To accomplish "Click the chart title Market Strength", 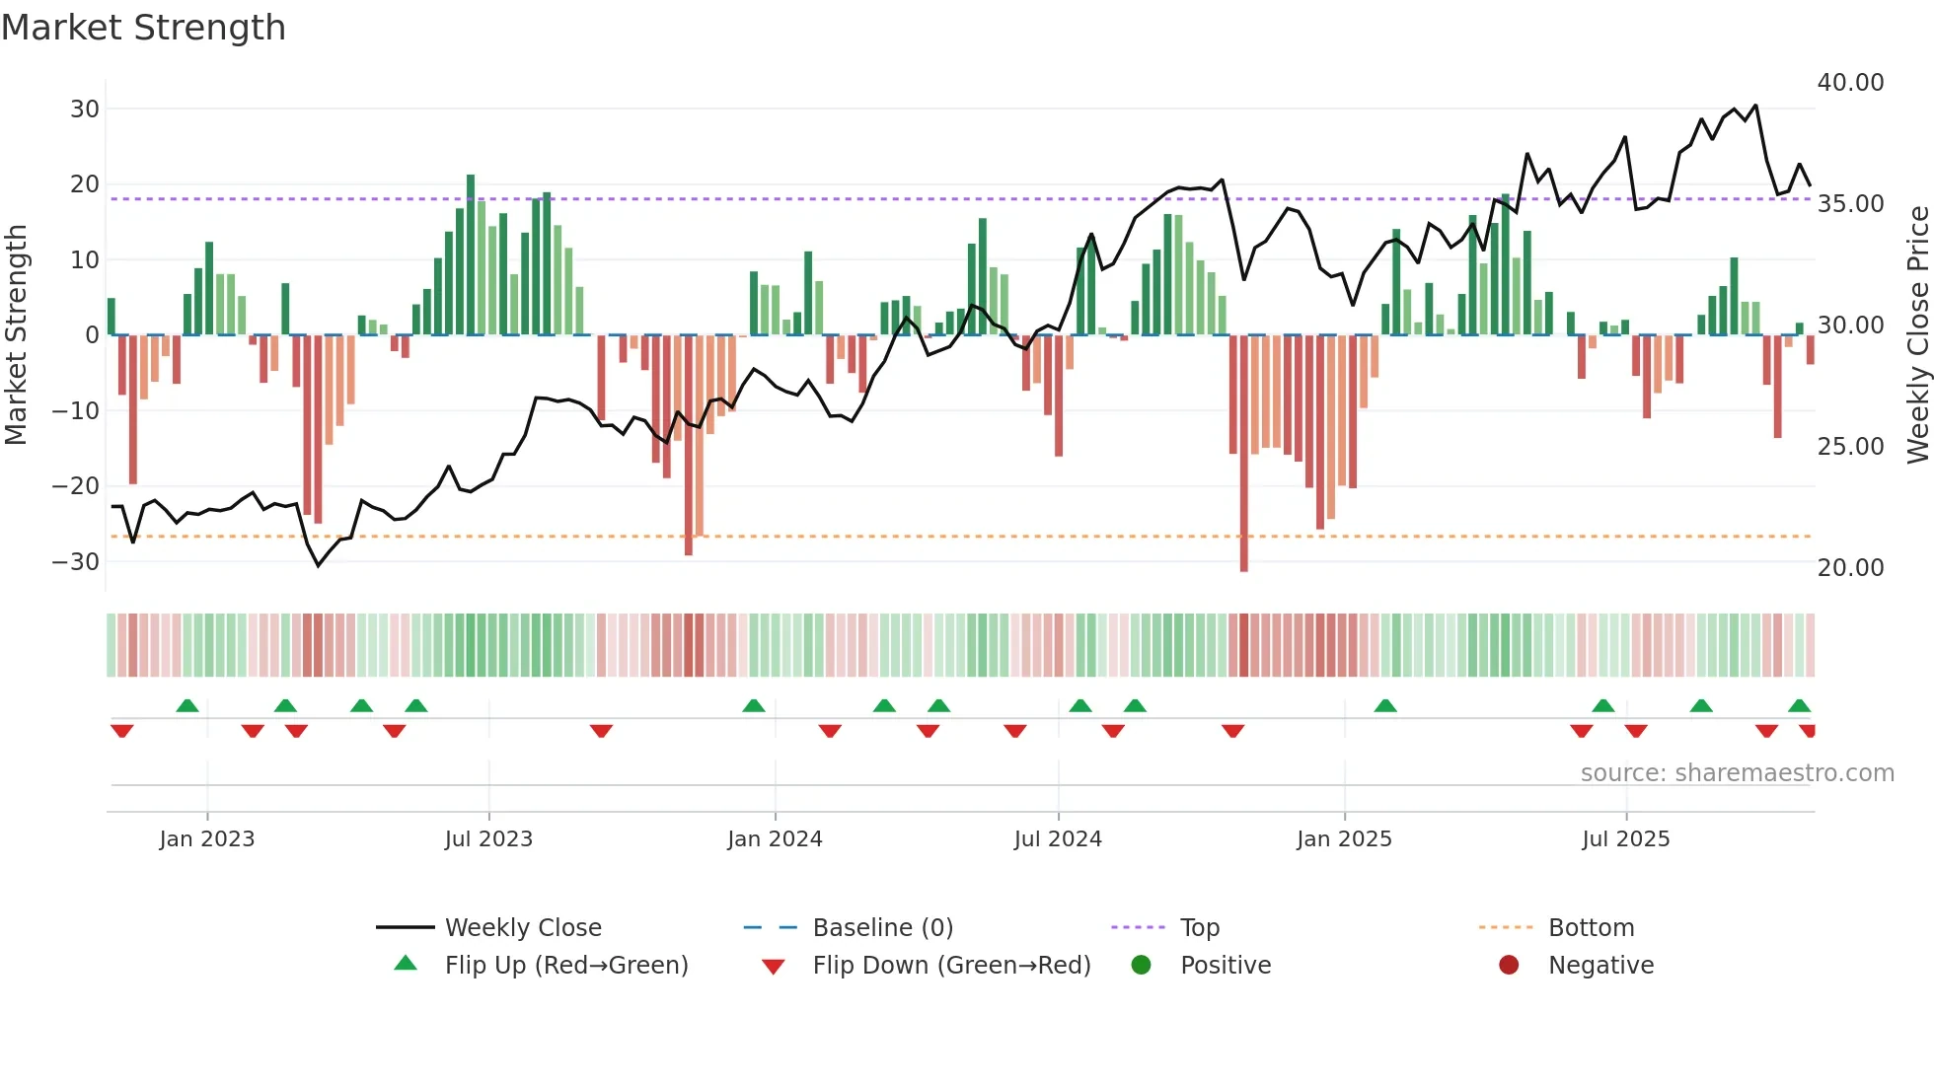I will click(143, 28).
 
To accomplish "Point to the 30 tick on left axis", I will click(85, 109).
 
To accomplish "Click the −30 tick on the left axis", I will click(77, 561).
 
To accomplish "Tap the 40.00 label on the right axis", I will click(1850, 83).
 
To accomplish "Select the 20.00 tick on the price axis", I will click(1850, 568).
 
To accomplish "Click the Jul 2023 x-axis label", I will click(488, 839).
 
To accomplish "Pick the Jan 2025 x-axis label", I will click(1344, 839).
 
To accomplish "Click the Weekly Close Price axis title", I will click(1917, 335).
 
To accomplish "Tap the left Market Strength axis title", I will click(17, 335).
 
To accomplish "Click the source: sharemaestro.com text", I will click(1737, 773).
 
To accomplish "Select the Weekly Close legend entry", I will click(523, 928).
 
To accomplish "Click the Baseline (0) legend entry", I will click(882, 928).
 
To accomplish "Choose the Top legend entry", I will click(1200, 928).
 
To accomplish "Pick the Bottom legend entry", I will click(1591, 928).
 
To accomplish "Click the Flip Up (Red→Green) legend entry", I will click(565, 966).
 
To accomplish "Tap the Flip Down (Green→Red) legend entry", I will click(951, 966).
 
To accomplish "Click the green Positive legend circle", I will click(1142, 966).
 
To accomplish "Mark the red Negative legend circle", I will click(1509, 966).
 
